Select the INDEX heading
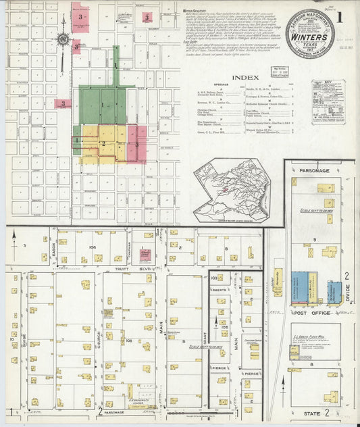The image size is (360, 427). click(x=245, y=78)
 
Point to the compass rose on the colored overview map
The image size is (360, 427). click(x=62, y=39)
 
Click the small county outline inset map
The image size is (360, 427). click(x=232, y=191)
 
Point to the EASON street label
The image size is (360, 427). click(x=51, y=252)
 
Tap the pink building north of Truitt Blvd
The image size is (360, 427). click(x=145, y=255)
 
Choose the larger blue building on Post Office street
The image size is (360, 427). click(x=299, y=286)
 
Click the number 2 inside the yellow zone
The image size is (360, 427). click(x=103, y=143)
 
